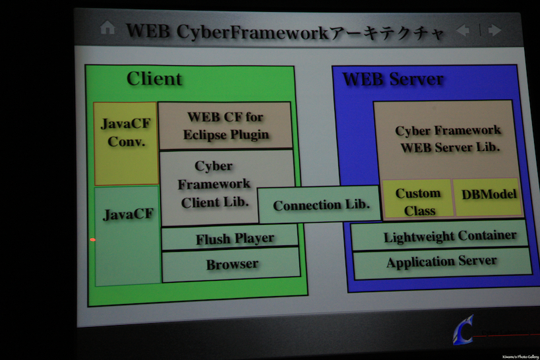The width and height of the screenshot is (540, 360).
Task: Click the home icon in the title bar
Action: tap(107, 28)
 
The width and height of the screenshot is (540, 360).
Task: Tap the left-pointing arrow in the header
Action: tap(463, 30)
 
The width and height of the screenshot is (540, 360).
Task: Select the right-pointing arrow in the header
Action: tap(495, 30)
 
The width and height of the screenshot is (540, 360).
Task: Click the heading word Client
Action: tap(154, 79)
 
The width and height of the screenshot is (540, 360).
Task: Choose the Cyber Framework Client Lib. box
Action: tap(214, 185)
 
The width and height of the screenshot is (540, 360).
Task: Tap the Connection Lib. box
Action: tap(319, 205)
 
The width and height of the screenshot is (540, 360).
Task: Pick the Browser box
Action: tap(231, 264)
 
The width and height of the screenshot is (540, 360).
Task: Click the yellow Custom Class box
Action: tap(417, 201)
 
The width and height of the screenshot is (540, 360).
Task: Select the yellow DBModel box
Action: tap(488, 195)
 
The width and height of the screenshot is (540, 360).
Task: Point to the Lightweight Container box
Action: tap(450, 236)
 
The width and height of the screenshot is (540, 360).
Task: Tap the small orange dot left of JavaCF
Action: tap(92, 239)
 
